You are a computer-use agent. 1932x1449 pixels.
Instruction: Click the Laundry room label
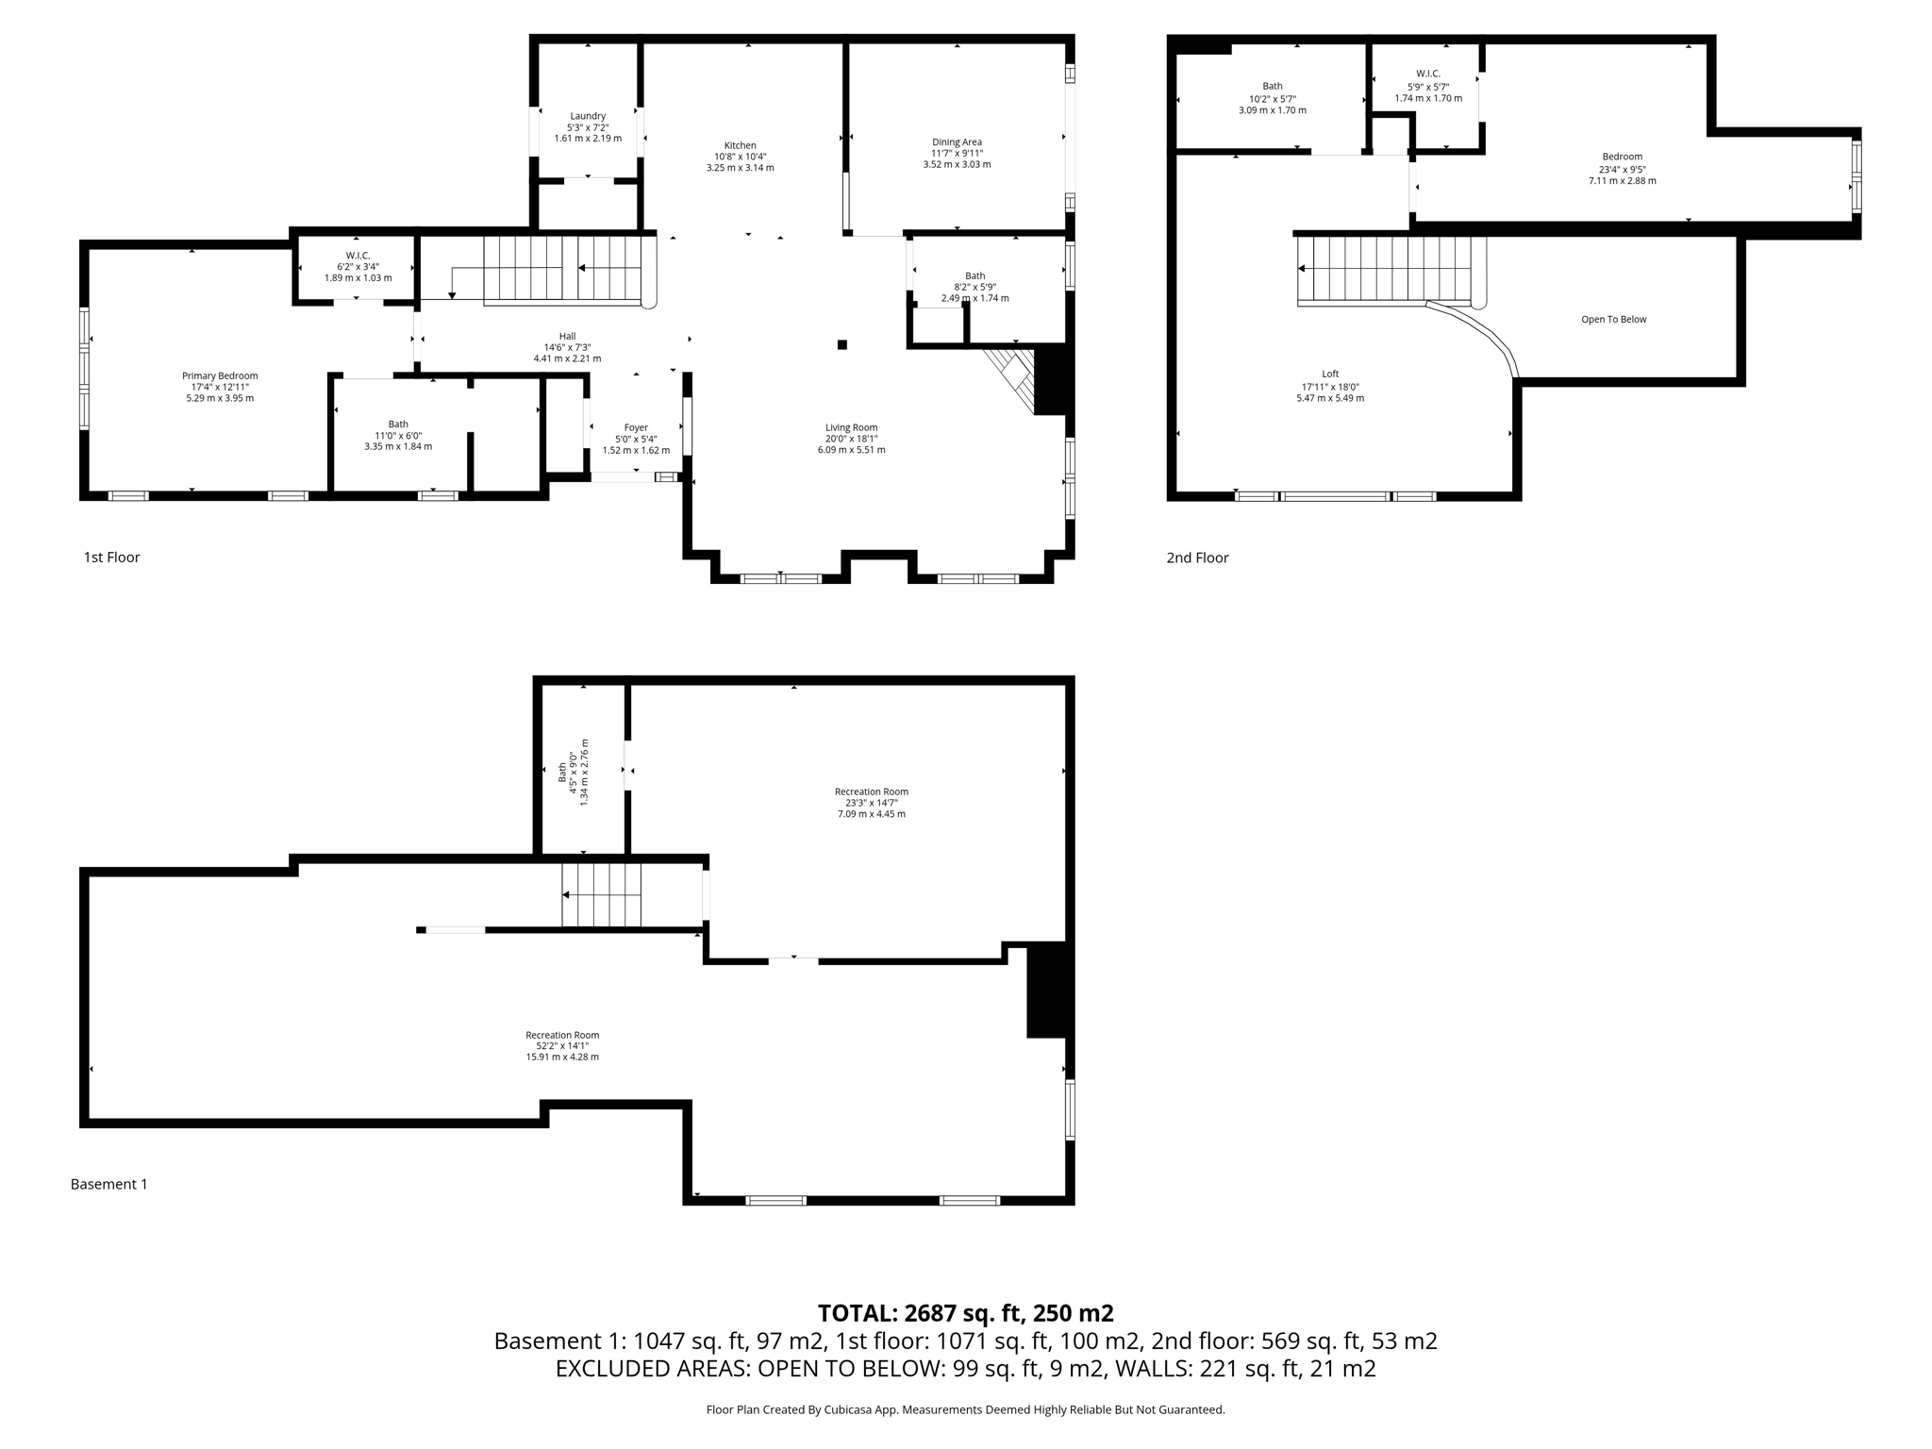point(587,116)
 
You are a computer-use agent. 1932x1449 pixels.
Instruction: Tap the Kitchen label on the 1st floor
point(740,145)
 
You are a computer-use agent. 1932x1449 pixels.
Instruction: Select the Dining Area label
point(957,142)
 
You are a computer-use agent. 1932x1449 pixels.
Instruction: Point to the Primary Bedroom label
point(220,375)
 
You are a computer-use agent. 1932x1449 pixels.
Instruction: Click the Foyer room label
point(636,427)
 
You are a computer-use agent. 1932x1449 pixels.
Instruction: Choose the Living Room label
point(851,427)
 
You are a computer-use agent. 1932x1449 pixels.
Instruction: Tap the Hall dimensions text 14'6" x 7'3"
point(567,347)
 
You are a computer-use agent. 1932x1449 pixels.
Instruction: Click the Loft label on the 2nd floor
point(1330,374)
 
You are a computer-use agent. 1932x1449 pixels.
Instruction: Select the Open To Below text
point(1613,319)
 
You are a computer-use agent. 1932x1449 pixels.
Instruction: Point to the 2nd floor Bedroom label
point(1622,157)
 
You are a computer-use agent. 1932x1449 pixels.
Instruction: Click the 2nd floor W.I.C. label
point(1427,74)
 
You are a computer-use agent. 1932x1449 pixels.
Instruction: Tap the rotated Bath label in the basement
point(562,772)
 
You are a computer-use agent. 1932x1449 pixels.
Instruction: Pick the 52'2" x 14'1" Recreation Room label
point(562,1035)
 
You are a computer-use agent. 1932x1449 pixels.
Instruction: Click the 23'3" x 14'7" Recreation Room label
point(871,791)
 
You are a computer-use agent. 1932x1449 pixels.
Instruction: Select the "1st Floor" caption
point(111,558)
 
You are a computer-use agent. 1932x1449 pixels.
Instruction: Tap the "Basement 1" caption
point(108,1184)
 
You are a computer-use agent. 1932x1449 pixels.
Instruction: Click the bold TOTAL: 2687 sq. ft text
point(965,1313)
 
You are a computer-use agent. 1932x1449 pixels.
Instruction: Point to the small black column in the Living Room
point(842,344)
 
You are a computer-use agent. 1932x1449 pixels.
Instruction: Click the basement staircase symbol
point(601,895)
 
